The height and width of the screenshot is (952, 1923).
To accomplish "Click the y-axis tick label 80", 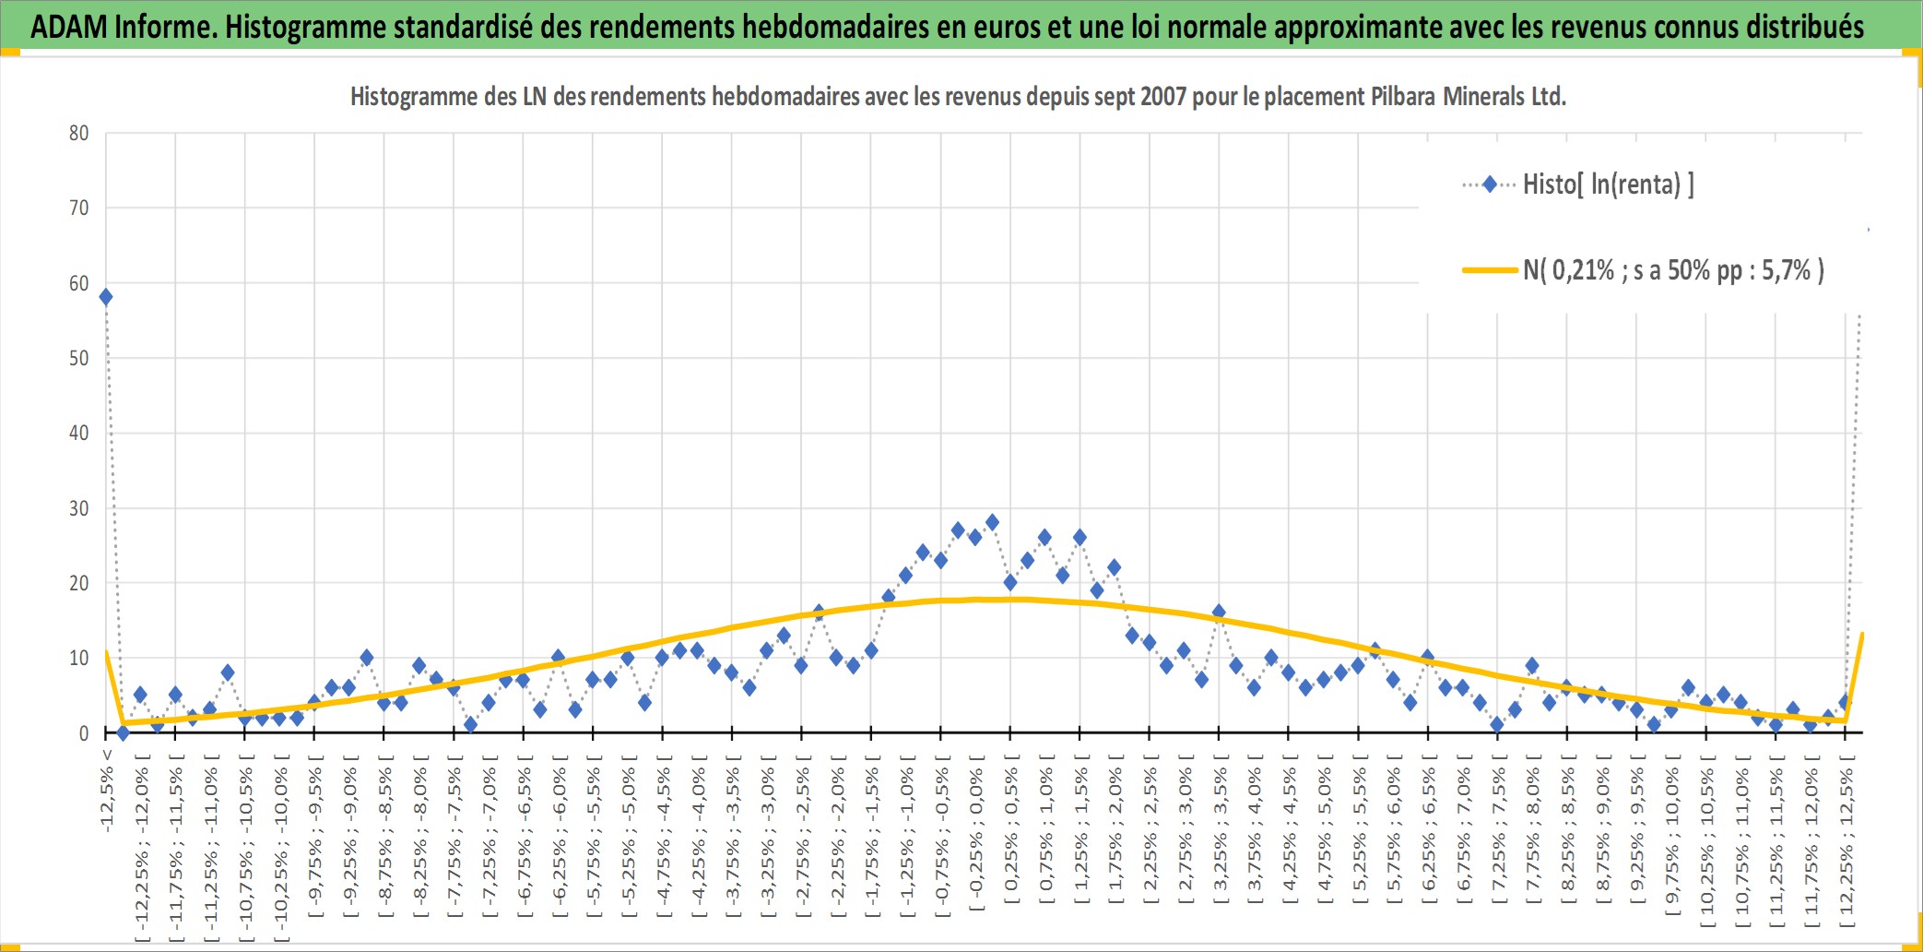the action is click(79, 134).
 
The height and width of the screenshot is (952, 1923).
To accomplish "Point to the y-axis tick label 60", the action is click(79, 284).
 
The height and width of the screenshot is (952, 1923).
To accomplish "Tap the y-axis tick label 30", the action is click(79, 508).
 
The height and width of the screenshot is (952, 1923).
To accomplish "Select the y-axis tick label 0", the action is click(84, 733).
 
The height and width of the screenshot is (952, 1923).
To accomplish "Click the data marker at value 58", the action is click(106, 297).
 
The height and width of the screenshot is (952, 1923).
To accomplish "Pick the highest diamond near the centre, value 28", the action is click(993, 522).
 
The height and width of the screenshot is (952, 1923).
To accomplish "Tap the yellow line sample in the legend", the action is click(1490, 270).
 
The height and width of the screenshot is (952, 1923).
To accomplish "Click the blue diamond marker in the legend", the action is click(1490, 184).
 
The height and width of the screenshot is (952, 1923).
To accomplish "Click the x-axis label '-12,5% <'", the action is click(107, 791).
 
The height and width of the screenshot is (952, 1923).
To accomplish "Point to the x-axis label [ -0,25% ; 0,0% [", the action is click(976, 833).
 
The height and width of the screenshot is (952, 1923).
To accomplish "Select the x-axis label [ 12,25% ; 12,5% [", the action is click(1846, 840).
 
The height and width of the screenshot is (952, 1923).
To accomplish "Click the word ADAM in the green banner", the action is click(69, 27).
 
